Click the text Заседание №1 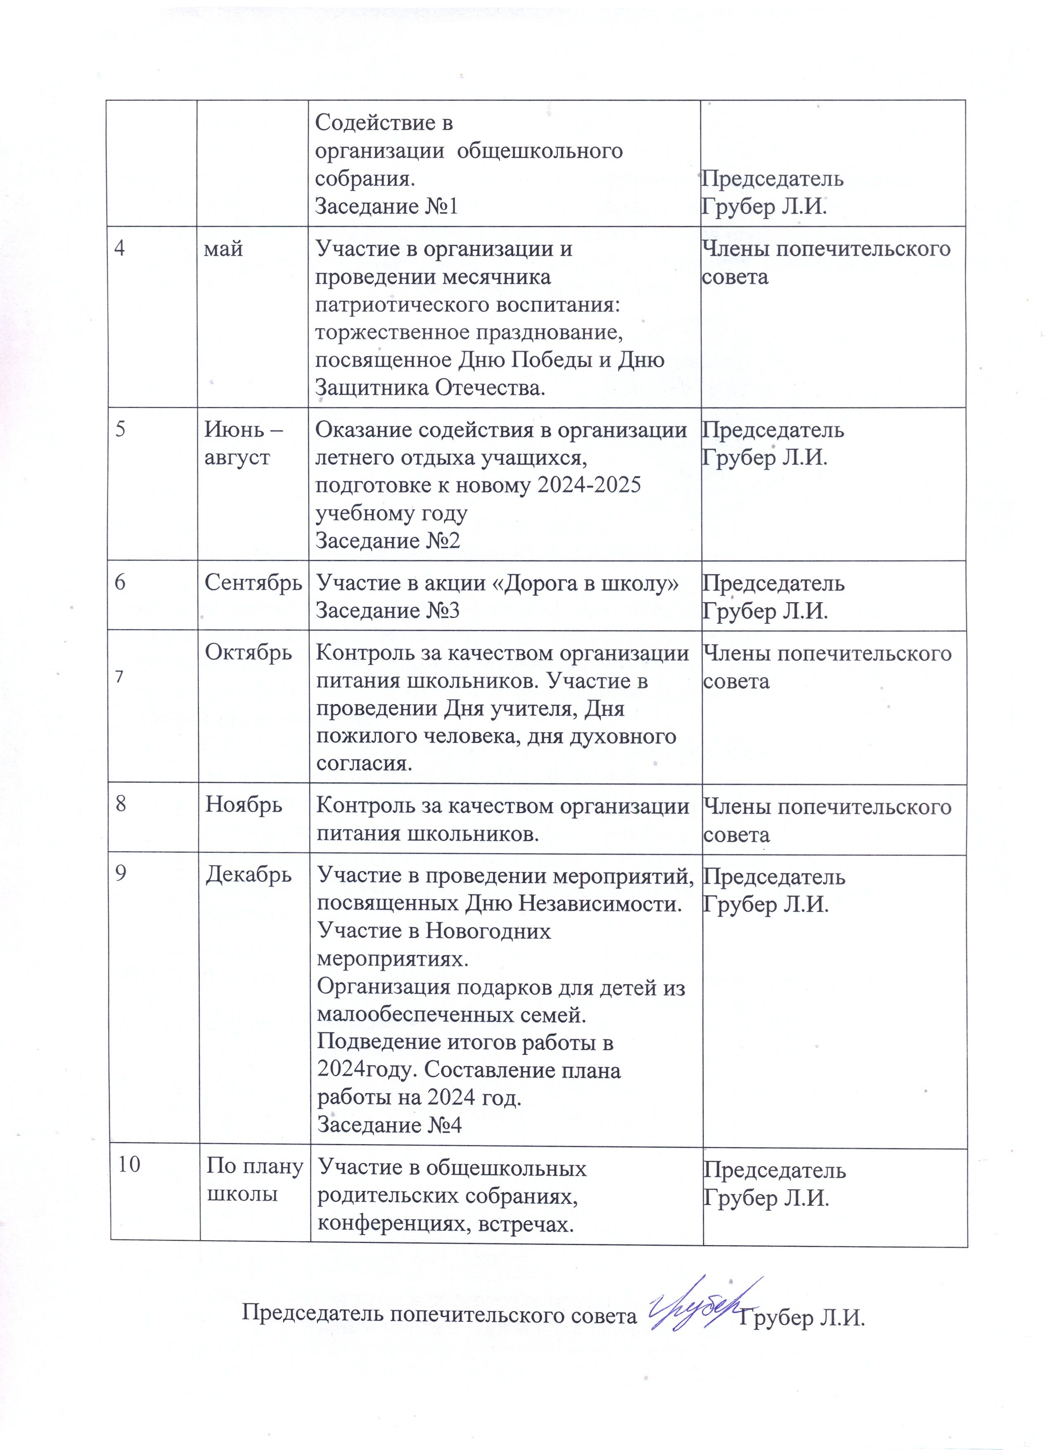387,207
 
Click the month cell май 224,249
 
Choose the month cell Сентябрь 253,582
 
